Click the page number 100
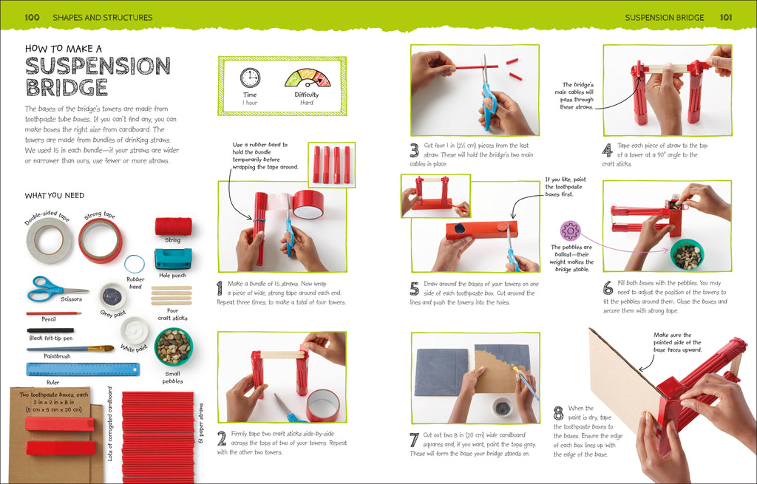pos(32,17)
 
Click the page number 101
pos(726,17)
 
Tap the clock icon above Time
pos(250,78)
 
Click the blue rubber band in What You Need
pos(135,263)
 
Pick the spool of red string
pos(173,226)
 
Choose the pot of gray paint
pos(112,296)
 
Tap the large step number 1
pos(220,289)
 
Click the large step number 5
pos(414,289)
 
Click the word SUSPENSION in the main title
pos(98,66)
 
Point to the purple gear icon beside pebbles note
pos(570,230)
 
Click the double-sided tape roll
pos(50,239)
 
